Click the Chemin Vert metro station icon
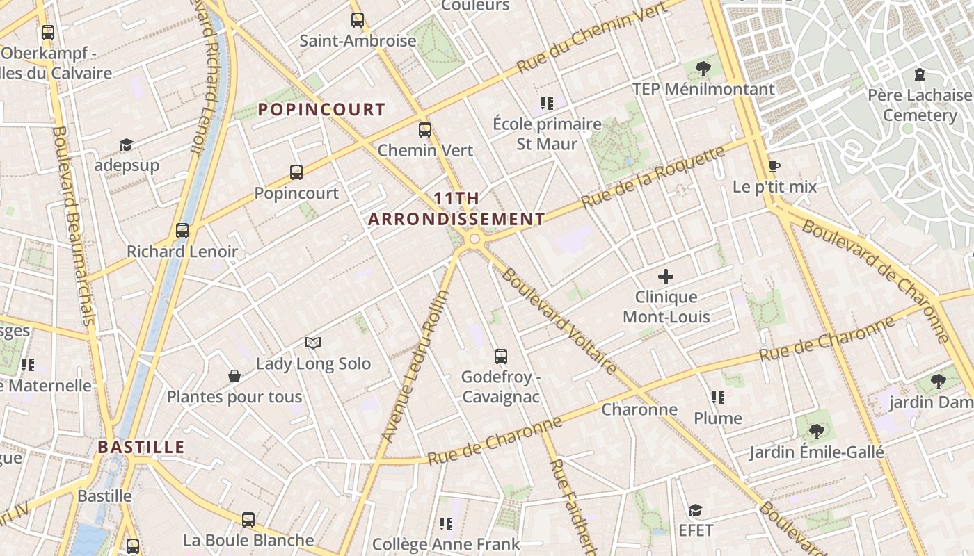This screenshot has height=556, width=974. [x=424, y=129]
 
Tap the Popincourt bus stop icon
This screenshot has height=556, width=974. [x=296, y=172]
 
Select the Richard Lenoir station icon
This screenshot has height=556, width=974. [x=182, y=231]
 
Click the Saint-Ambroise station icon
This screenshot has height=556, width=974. [x=358, y=19]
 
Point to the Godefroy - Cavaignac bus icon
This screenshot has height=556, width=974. [x=500, y=357]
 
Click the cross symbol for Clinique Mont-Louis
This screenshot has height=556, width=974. [x=666, y=277]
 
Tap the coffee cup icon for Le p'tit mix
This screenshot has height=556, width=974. [x=774, y=166]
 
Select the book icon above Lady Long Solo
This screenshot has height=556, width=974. [x=313, y=343]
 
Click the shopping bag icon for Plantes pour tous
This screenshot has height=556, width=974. [x=234, y=376]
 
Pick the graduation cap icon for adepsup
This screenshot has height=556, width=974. [x=126, y=145]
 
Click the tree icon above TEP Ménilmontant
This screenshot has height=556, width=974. [x=703, y=68]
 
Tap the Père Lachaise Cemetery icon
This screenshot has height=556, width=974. [x=920, y=74]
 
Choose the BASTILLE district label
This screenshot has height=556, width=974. [x=141, y=447]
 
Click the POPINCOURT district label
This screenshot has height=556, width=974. [x=321, y=109]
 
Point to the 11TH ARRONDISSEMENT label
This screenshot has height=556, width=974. [x=456, y=208]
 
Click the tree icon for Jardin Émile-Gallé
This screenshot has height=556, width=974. [x=817, y=431]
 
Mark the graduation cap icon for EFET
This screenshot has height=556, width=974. [x=695, y=511]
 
